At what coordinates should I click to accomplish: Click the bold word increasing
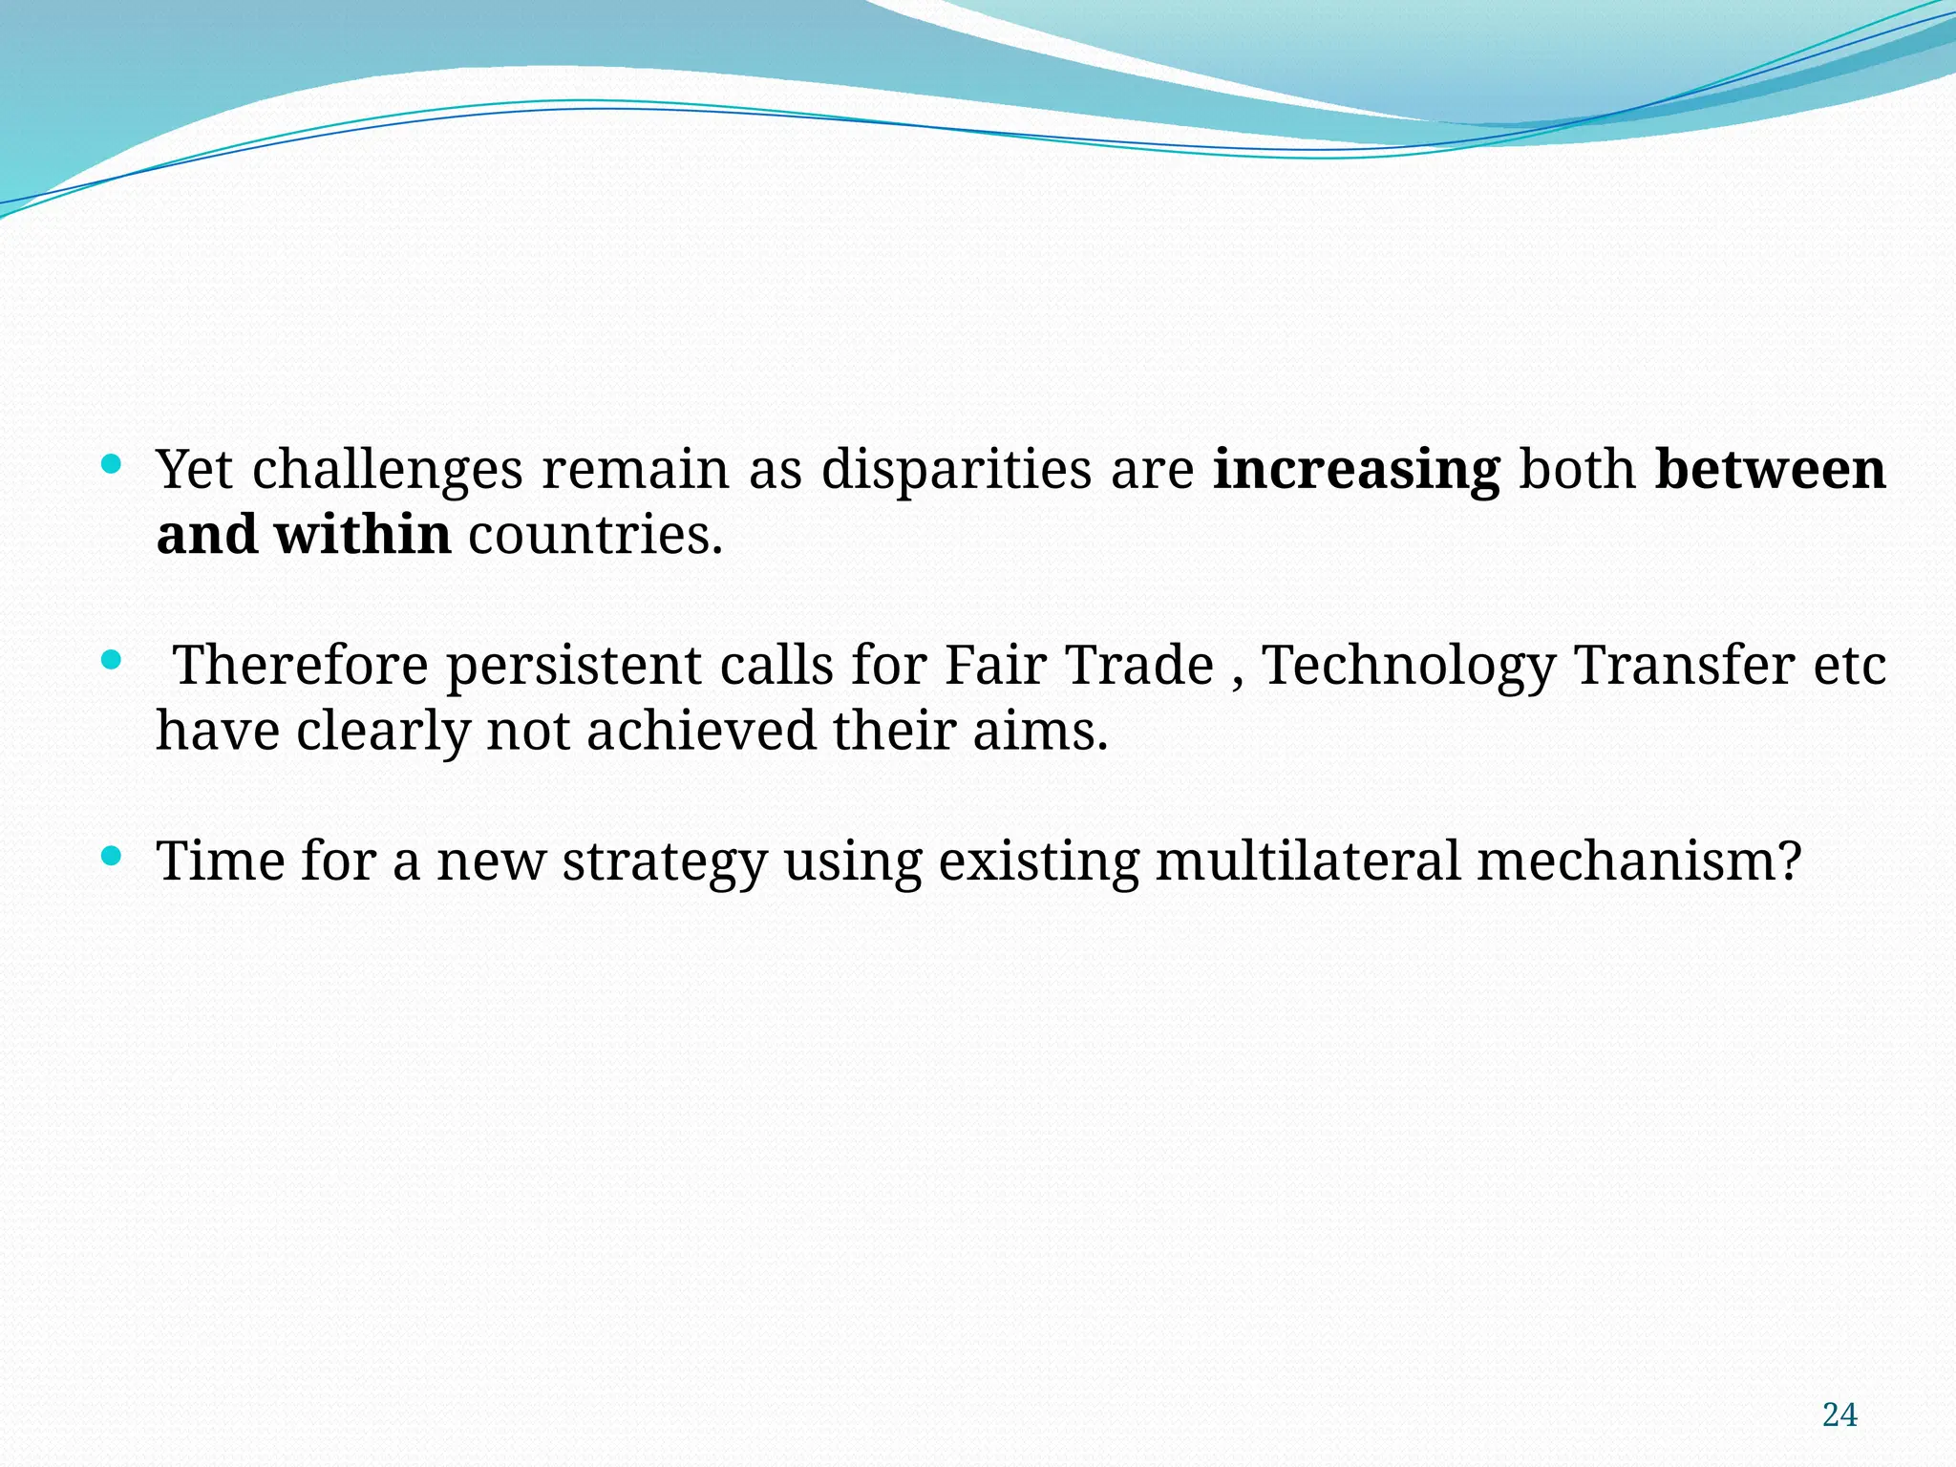(x=1356, y=470)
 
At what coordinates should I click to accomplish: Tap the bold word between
(x=1770, y=469)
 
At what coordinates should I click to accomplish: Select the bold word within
(x=363, y=534)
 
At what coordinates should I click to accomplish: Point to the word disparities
(x=956, y=470)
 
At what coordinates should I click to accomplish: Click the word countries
(x=595, y=535)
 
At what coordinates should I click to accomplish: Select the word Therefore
(x=301, y=665)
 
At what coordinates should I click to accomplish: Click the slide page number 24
(x=1839, y=1414)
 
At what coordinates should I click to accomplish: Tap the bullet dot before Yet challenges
(x=112, y=465)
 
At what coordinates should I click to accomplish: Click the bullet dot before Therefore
(x=112, y=661)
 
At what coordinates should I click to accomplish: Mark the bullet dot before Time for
(x=112, y=856)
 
